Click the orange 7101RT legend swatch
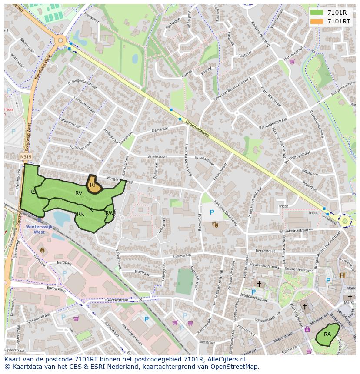(x=317, y=21)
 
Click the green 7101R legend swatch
(x=317, y=13)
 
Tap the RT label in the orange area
(x=93, y=185)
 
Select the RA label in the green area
(x=327, y=334)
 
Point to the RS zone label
(x=33, y=192)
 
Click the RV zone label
(x=79, y=193)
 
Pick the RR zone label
(x=80, y=214)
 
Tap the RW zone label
(x=110, y=213)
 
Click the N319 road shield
(x=26, y=157)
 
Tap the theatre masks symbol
(x=215, y=224)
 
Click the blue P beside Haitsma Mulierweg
(x=212, y=212)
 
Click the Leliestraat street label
(x=182, y=256)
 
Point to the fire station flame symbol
(x=42, y=250)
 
